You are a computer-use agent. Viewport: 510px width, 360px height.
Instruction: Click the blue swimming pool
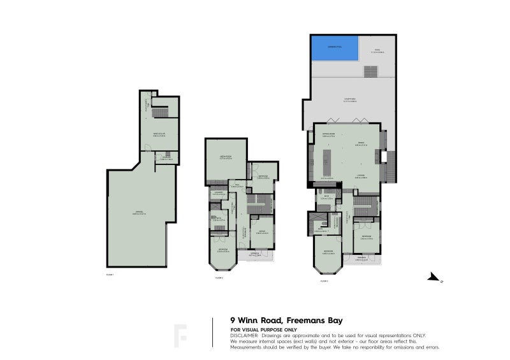[x=333, y=48]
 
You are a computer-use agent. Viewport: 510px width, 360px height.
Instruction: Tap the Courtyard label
[x=349, y=99]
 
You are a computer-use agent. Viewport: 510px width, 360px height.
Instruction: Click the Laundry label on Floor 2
[x=217, y=193]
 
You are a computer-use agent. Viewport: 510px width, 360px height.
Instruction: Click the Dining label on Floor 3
[x=360, y=142]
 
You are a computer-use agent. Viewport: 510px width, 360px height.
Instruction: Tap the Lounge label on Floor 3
[x=360, y=176]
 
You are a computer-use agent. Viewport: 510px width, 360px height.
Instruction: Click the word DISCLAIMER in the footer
[x=244, y=335]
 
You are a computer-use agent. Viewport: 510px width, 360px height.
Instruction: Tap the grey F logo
[x=181, y=335]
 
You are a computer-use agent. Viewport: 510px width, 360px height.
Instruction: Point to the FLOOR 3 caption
[x=324, y=280]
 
